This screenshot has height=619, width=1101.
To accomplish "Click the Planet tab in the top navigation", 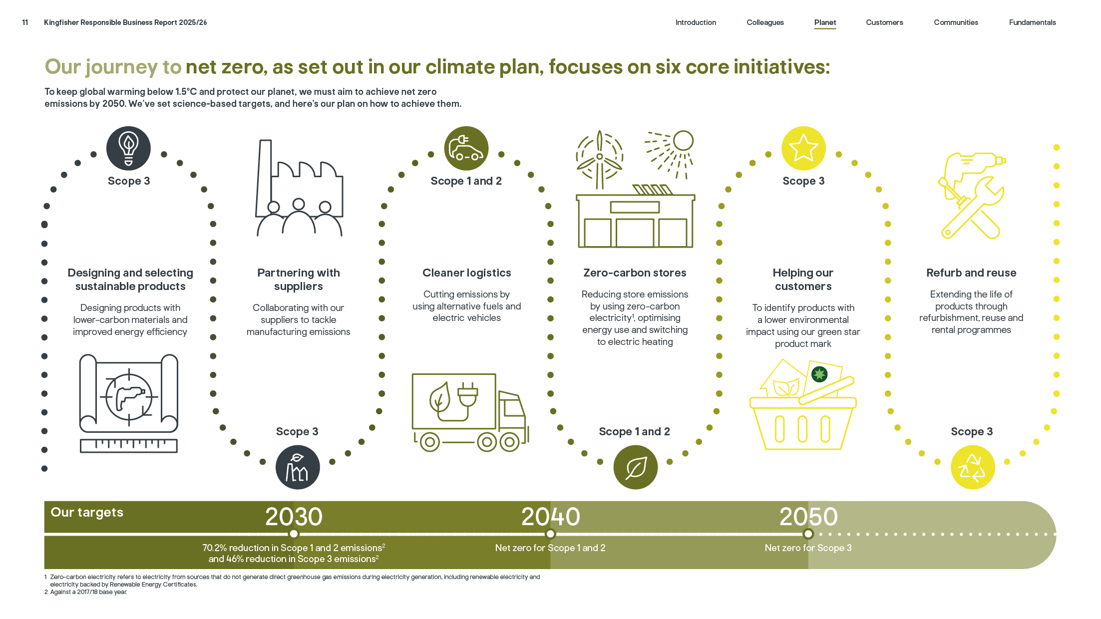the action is tap(825, 22).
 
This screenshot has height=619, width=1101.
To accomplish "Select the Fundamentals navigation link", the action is tap(1032, 22).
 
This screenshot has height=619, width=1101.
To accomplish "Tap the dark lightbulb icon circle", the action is tap(128, 148).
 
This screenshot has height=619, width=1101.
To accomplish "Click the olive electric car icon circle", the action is tap(466, 148).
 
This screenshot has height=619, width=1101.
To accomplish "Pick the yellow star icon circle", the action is tap(803, 148).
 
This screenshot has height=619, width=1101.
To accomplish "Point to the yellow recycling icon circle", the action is tap(973, 467).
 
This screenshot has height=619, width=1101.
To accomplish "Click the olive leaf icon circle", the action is tap(636, 467).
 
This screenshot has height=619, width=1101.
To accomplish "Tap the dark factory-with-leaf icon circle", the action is tap(298, 467).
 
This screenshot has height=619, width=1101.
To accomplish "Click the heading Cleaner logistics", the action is tap(467, 273).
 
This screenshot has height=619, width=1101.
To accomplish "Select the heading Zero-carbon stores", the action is tap(635, 273).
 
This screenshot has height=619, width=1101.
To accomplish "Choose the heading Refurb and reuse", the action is tap(971, 273).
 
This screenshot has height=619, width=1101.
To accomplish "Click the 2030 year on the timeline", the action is tap(294, 517).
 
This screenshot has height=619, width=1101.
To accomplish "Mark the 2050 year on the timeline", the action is tap(808, 517).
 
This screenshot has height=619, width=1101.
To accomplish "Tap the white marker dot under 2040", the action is tap(550, 534).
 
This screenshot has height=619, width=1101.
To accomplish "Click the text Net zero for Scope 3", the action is tap(808, 548).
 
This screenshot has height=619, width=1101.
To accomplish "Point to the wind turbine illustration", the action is tap(600, 159).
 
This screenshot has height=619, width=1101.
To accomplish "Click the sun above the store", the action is tap(683, 141).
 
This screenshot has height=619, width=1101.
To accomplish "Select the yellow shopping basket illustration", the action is tap(803, 404).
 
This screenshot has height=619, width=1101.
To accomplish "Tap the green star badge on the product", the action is tap(819, 374).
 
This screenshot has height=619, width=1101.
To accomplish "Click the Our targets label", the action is tap(87, 513).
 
